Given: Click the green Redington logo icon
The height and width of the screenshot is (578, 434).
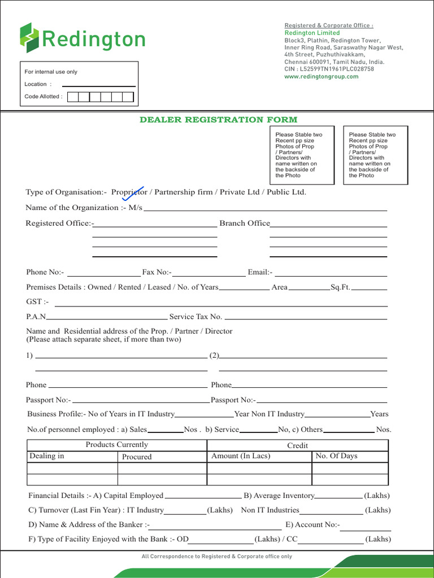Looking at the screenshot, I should pos(30,38).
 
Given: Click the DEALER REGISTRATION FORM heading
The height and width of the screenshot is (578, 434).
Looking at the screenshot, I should pos(218,120).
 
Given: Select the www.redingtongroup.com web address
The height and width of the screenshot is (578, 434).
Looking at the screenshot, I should pos(321,76).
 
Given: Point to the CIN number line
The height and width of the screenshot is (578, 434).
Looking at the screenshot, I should pos(329,69).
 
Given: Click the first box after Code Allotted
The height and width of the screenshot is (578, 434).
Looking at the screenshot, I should pos(72,97).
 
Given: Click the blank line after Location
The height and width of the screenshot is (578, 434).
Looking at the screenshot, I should pos(99,85).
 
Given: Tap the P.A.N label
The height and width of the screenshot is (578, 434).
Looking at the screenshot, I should pos(37,317).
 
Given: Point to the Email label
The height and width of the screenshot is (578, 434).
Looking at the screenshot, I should pos(260,272).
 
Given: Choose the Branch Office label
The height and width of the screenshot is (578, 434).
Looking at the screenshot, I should pos(245,223).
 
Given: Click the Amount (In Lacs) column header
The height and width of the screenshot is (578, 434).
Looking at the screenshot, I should pos(240,456).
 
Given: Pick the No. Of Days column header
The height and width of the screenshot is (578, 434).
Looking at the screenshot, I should pos(336,456).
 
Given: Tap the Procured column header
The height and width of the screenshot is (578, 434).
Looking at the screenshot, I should pos(137,457).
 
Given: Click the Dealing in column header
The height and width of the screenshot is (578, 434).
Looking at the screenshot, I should pos(47,456).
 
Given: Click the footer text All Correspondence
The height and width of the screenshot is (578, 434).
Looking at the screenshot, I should pos(217,557).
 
